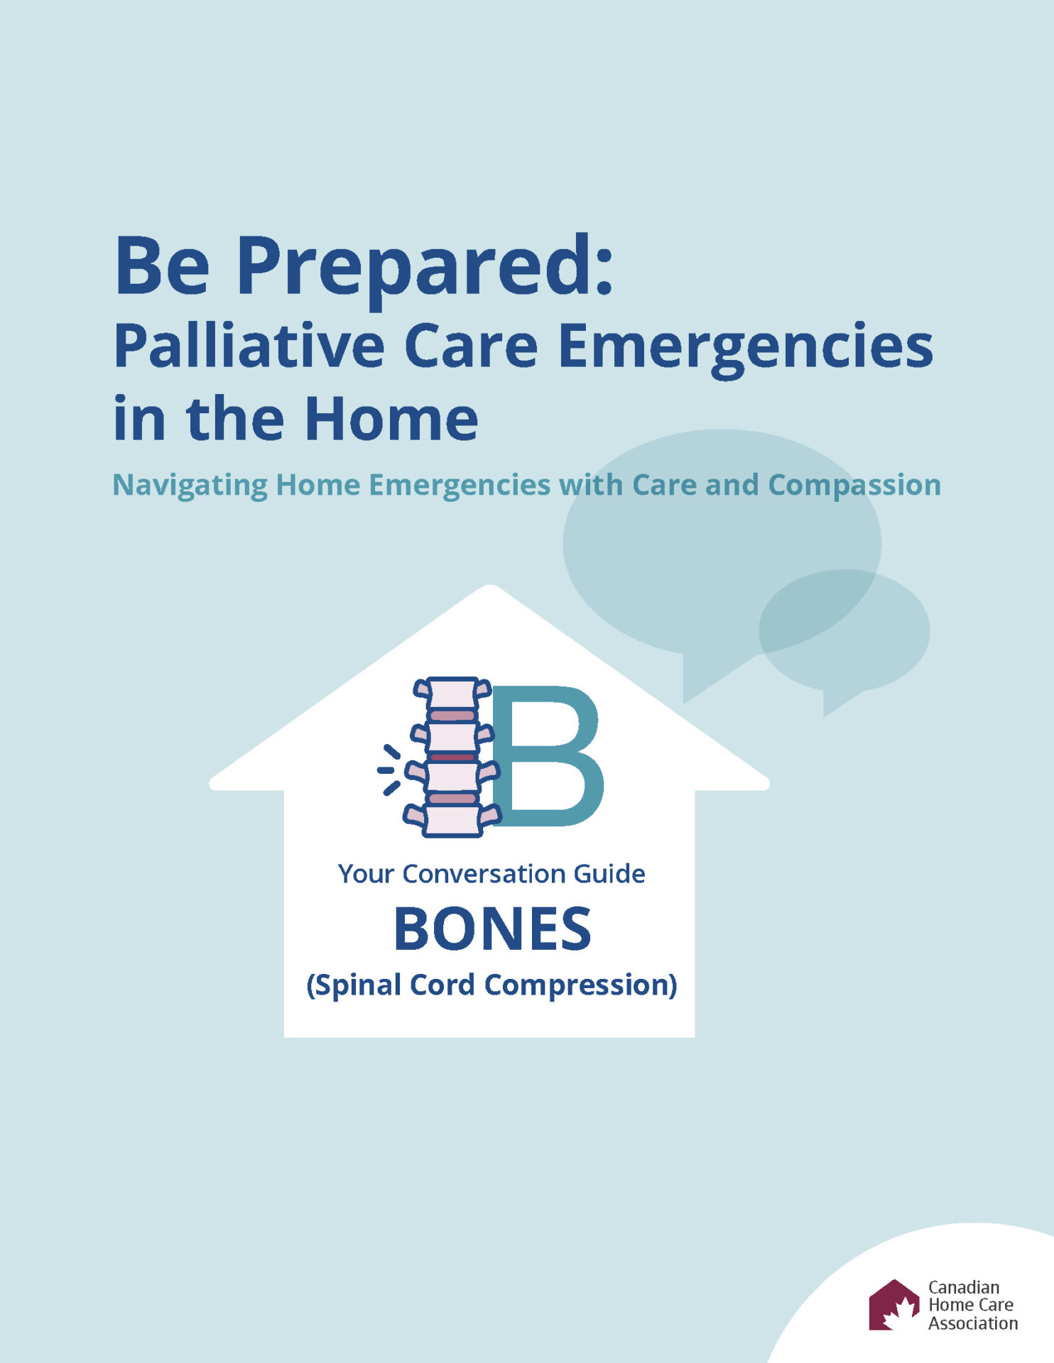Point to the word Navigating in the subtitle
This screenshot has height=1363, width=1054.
[190, 486]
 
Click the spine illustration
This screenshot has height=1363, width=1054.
[452, 757]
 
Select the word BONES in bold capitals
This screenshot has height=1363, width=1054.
[492, 929]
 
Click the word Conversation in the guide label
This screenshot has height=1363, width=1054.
[487, 874]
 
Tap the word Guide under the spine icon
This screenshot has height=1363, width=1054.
[609, 874]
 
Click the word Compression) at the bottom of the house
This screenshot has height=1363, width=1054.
[580, 985]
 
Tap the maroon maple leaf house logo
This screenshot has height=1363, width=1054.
[894, 1305]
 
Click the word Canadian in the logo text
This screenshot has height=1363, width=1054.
[964, 1287]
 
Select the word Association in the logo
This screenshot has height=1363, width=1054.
[973, 1323]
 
